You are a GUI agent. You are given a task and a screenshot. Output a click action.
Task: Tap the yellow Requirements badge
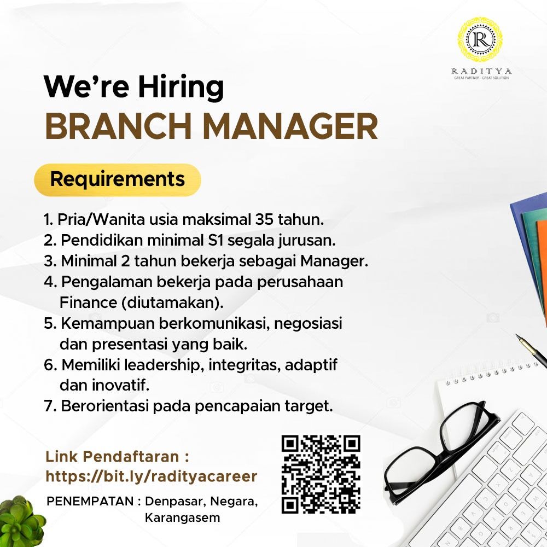coord(117,179)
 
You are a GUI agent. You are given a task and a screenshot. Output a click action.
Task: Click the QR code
coord(321,474)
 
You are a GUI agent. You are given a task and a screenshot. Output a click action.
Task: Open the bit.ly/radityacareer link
coord(151,476)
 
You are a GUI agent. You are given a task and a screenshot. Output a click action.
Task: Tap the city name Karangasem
coord(182,517)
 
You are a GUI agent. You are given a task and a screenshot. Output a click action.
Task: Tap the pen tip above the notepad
coord(519,339)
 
